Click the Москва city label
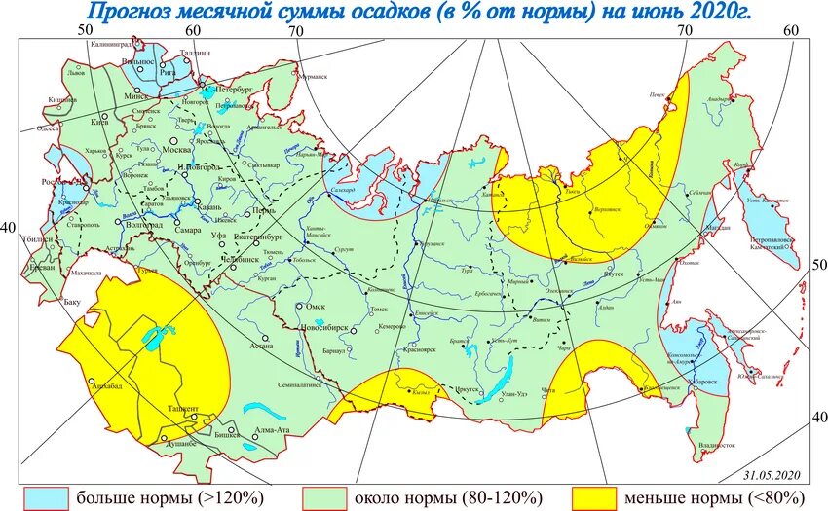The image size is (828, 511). (175, 150)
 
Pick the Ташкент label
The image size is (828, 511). (184, 409)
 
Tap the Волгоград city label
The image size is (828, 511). (142, 223)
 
